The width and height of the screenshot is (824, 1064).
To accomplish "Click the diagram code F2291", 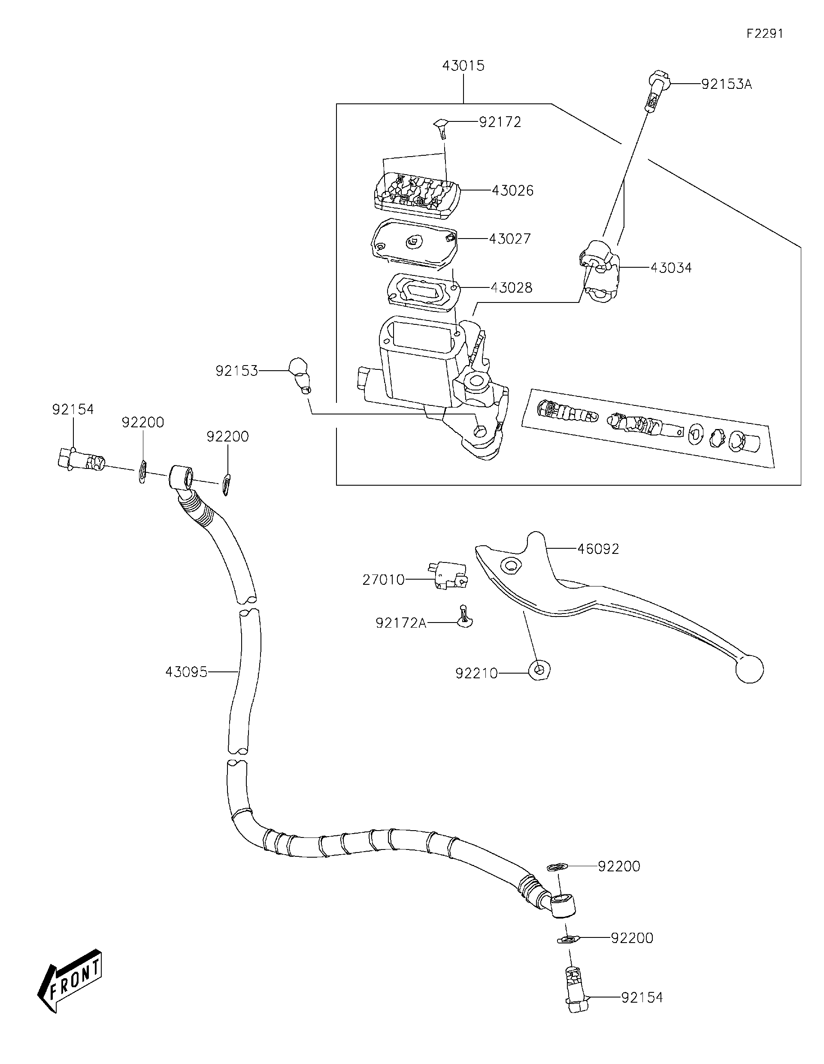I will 764,33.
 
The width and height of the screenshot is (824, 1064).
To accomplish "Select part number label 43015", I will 463,66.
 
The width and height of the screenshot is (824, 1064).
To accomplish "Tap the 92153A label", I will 726,84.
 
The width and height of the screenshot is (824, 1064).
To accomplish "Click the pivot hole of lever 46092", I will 510,565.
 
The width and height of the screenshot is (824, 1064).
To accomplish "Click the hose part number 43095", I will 186,672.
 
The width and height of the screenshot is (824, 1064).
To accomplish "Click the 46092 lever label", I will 598,549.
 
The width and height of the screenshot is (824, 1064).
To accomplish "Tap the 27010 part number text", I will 384,580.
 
